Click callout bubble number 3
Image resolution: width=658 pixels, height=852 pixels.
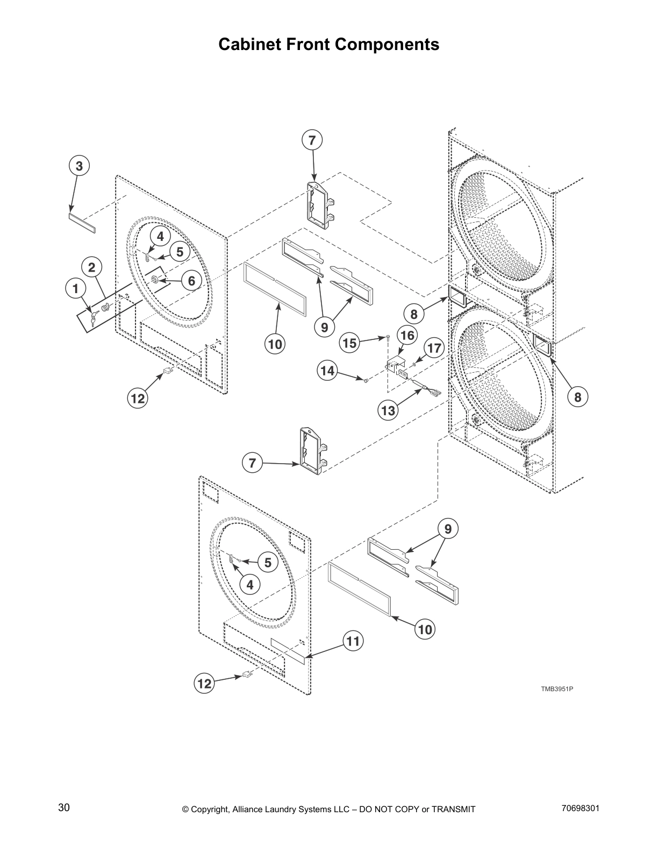point(79,166)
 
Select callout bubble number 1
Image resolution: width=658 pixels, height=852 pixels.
point(76,288)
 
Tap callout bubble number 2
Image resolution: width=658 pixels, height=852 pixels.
point(92,267)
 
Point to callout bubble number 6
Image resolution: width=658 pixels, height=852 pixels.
point(191,280)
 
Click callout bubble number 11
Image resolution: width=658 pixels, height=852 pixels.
point(353,641)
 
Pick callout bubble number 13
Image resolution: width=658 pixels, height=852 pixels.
point(388,411)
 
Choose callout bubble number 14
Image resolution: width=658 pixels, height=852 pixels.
point(328,371)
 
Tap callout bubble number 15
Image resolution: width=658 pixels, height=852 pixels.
point(350,343)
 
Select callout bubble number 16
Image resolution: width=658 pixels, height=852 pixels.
point(407,336)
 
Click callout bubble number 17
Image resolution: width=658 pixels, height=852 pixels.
point(434,348)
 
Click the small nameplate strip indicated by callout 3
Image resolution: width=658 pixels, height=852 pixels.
point(82,223)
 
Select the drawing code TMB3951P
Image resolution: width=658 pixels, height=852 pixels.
point(557,688)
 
